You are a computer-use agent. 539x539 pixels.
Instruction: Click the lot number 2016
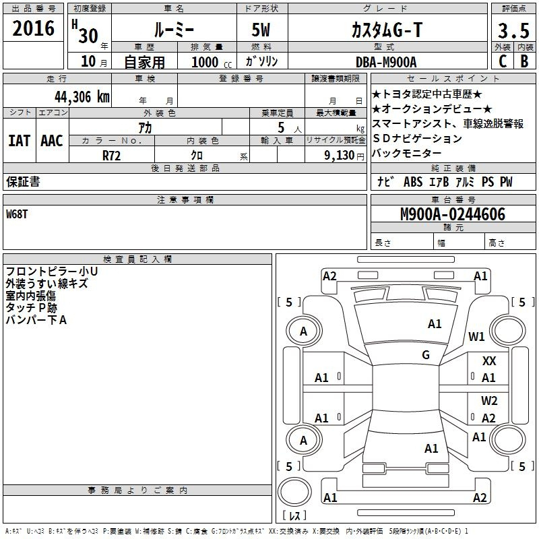tap(34, 30)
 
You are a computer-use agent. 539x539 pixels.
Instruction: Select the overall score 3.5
tap(512, 31)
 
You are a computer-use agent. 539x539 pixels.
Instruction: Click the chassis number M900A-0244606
tap(452, 214)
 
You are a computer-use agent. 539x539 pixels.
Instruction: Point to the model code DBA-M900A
tap(386, 62)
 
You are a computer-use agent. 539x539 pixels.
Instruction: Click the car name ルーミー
tap(173, 31)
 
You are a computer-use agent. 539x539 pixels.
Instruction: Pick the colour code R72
tap(111, 154)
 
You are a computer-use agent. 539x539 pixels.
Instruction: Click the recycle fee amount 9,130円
tap(344, 154)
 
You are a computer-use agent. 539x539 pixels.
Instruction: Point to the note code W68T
tap(19, 214)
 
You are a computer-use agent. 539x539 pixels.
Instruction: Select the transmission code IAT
tap(20, 141)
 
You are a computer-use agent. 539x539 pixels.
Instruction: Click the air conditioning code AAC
tap(52, 141)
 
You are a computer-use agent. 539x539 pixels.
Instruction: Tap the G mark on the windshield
tap(425, 355)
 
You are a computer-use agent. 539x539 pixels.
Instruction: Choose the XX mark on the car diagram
tap(489, 362)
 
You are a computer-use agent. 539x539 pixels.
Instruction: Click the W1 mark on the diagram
tap(477, 336)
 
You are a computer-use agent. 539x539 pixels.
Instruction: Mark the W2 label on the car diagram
tap(489, 401)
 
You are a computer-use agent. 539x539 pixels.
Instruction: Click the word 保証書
tap(23, 182)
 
